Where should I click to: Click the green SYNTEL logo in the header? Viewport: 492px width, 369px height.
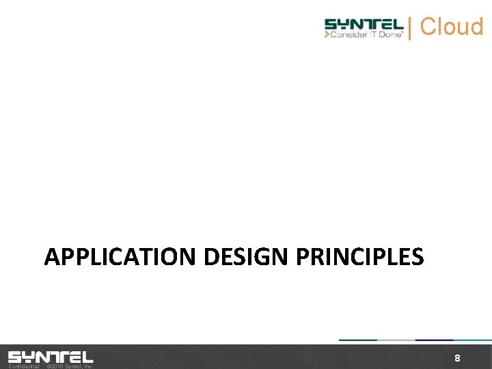coord(364,24)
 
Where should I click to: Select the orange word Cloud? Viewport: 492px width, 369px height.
coord(452,27)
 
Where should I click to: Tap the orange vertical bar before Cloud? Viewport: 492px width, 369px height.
coord(409,28)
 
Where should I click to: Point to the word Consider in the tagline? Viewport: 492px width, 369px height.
coord(348,35)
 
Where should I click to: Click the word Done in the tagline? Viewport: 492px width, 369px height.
coord(390,35)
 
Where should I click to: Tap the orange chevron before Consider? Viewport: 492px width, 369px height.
coord(327,35)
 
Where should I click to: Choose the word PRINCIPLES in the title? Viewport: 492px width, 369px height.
coord(359,257)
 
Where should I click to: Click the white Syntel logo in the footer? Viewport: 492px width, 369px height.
coord(51,357)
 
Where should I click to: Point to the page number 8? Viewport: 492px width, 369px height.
coord(457,359)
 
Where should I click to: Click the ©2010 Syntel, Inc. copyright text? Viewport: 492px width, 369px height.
coord(69,366)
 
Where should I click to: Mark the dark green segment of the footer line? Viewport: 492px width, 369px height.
coord(358,340)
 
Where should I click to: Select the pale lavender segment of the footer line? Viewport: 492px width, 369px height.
coord(396,340)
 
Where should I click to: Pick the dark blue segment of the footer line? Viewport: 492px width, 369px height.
coord(435,340)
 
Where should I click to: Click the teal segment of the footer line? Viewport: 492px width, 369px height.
coord(473,340)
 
